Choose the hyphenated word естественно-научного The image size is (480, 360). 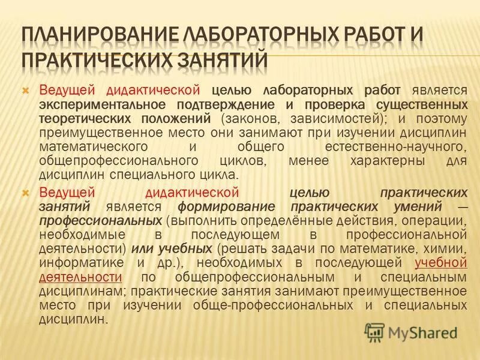[x=395, y=146]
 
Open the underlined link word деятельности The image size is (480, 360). [x=80, y=277]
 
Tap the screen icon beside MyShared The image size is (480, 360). [x=375, y=332]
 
